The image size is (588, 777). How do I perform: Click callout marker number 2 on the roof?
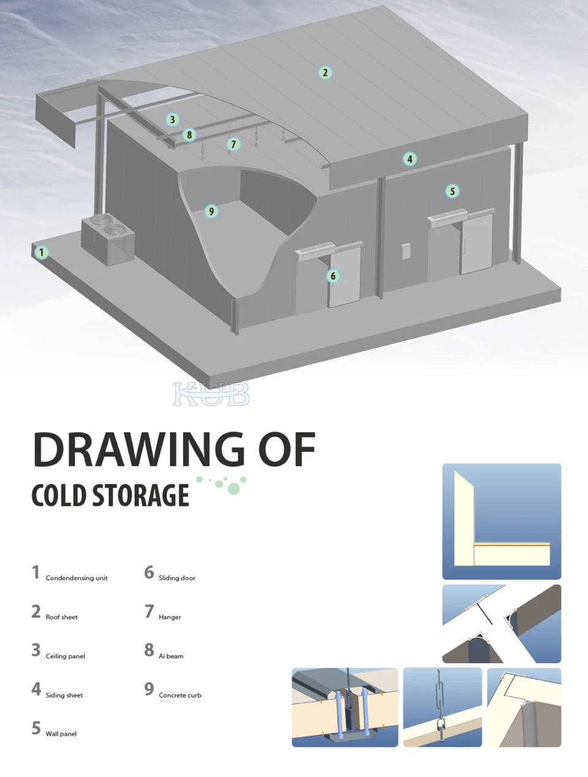click(x=325, y=72)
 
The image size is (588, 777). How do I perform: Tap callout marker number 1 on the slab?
click(x=42, y=252)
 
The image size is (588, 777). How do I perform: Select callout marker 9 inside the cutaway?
click(x=211, y=211)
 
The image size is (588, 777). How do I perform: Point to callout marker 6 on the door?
click(x=333, y=276)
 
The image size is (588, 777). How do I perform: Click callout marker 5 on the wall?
click(x=452, y=191)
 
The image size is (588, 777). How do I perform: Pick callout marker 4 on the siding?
click(x=410, y=159)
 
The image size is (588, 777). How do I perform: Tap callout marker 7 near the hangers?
click(x=233, y=144)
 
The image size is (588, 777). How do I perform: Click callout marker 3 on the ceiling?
click(x=172, y=119)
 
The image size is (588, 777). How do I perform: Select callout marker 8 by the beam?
click(x=189, y=135)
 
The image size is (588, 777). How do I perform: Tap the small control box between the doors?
click(x=406, y=251)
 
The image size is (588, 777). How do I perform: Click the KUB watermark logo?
click(x=211, y=393)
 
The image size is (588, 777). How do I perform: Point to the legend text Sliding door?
click(x=177, y=578)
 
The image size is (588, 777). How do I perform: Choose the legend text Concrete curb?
click(x=180, y=696)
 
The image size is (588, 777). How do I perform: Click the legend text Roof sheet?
click(x=62, y=617)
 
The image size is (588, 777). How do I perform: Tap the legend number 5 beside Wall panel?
click(x=36, y=728)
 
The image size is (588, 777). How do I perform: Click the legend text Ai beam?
click(x=171, y=656)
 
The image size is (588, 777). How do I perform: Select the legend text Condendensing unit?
click(x=77, y=578)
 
